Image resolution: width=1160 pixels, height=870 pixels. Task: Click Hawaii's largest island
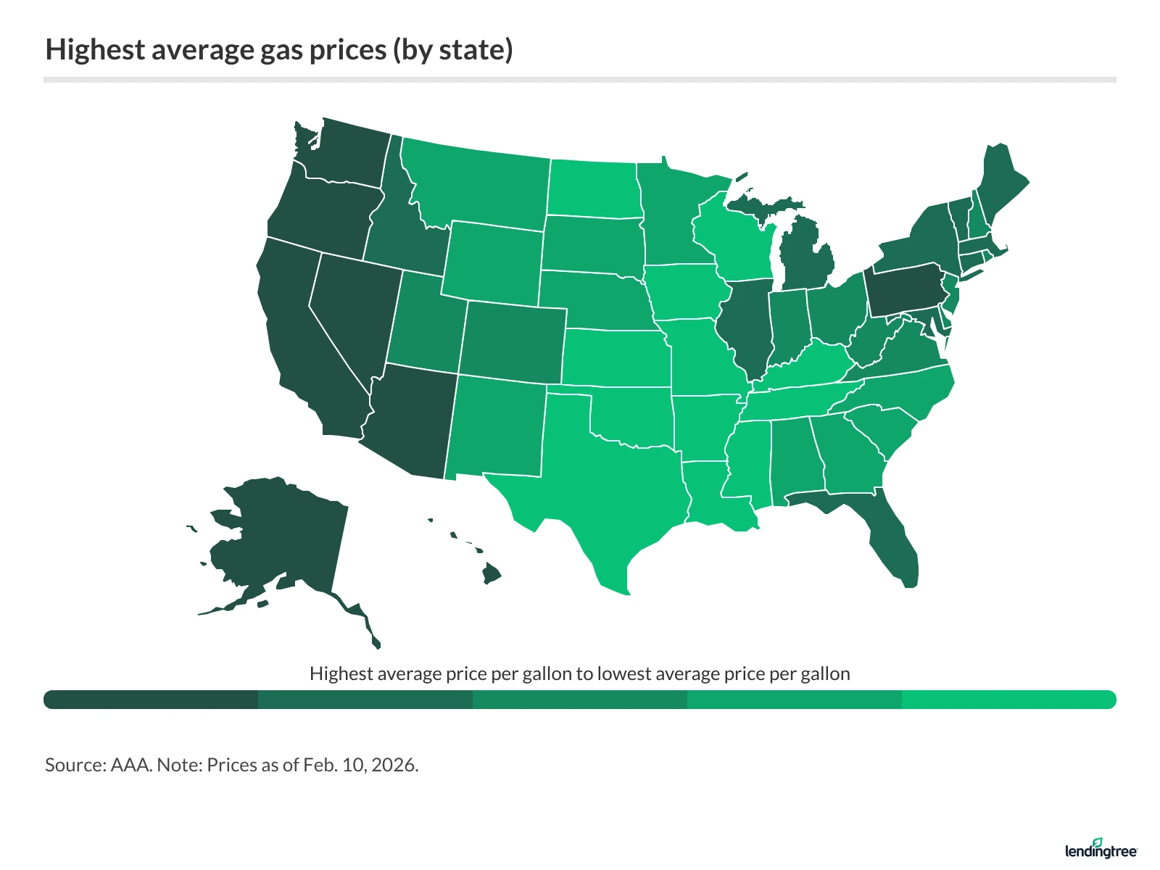click(492, 575)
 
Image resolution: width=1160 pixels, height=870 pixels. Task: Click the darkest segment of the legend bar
click(151, 700)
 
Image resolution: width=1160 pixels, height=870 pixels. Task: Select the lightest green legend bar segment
click(1008, 700)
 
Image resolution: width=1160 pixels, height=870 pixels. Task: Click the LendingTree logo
click(1101, 849)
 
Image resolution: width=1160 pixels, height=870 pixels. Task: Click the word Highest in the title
click(95, 49)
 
